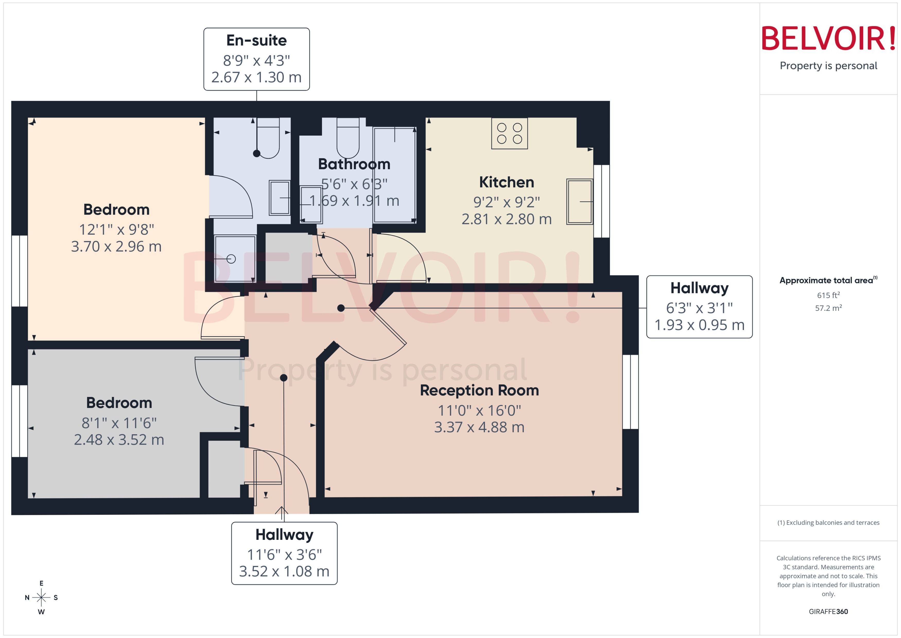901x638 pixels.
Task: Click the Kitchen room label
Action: coord(506,182)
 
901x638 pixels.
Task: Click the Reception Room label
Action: coord(479,390)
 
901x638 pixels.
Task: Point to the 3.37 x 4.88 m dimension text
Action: coord(479,427)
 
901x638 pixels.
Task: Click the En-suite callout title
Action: coord(256,40)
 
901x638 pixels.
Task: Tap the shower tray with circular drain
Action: coord(235,259)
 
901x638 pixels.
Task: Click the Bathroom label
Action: coord(354,164)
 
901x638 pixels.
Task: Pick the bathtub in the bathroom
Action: coord(395,175)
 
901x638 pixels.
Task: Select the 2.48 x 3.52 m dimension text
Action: coord(119,440)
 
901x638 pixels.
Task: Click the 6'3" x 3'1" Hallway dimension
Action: coord(699,308)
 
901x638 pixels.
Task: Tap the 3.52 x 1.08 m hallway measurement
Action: coord(284,571)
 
